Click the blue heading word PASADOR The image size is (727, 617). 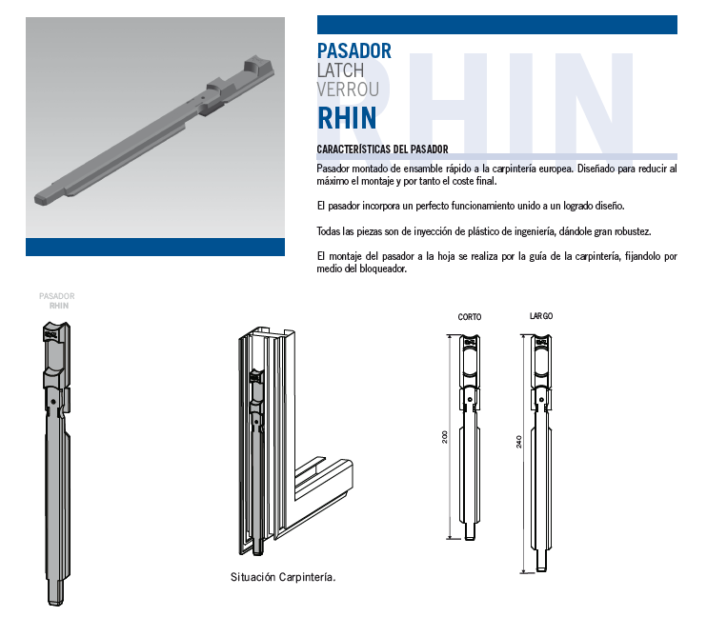click(354, 51)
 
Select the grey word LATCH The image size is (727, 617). click(340, 70)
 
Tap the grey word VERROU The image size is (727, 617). click(348, 90)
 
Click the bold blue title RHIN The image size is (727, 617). click(347, 118)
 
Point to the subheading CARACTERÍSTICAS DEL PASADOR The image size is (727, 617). click(382, 149)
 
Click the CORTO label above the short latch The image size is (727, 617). click(470, 317)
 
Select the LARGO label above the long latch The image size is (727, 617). click(541, 316)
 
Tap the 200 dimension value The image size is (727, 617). click(445, 437)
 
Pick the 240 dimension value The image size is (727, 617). click(519, 442)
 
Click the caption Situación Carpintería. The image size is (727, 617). click(283, 577)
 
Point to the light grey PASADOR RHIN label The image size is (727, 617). click(57, 301)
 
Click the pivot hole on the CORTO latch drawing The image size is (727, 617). click(470, 399)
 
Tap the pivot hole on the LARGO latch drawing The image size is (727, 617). click(541, 399)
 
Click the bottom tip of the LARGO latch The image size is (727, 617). click(541, 570)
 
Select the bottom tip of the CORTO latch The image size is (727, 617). click(470, 538)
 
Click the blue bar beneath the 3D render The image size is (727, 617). click(155, 247)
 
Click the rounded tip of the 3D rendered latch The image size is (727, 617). click(40, 200)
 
